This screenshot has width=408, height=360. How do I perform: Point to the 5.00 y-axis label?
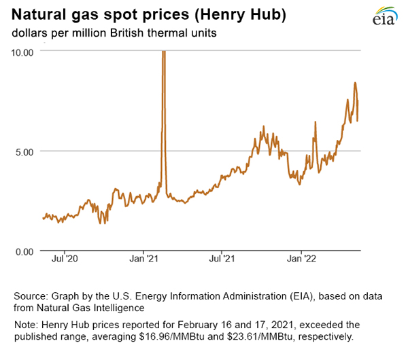coord(25,151)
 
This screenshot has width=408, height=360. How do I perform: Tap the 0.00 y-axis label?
coord(25,251)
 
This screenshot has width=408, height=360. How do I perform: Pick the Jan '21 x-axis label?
coord(143,259)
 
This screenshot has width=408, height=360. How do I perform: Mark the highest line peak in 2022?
coord(355,84)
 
